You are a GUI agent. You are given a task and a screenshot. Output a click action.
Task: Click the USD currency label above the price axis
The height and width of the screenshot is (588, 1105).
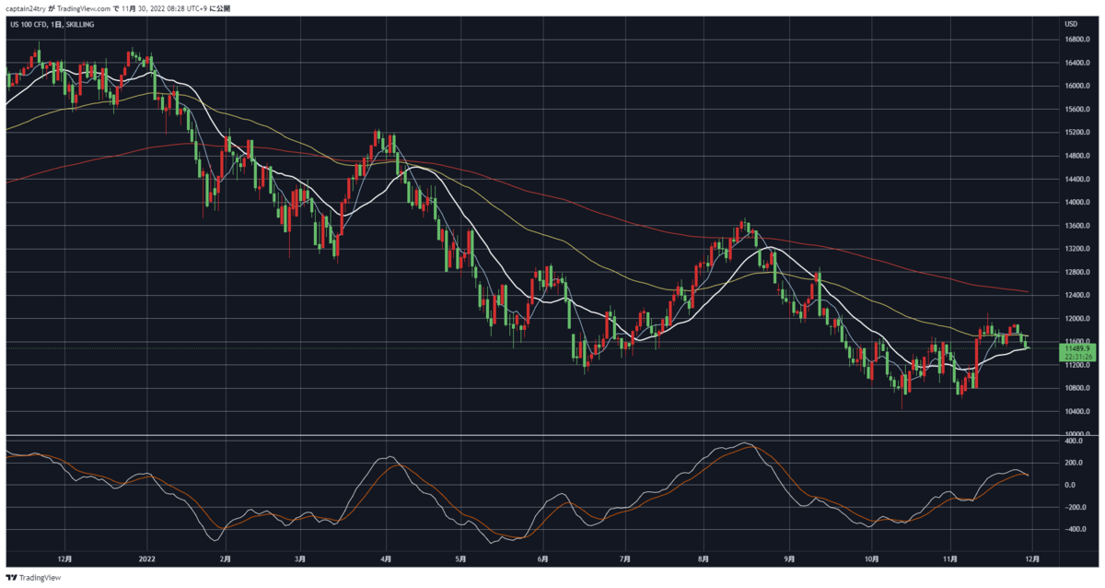1071,24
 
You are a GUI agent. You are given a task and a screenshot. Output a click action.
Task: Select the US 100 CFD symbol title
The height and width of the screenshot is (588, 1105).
29,24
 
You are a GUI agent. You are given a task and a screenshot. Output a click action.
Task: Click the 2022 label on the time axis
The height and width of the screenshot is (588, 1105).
147,559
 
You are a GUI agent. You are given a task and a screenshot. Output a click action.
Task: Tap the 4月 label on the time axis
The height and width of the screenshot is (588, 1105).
386,559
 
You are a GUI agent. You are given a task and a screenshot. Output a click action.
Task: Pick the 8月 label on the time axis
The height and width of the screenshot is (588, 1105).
704,559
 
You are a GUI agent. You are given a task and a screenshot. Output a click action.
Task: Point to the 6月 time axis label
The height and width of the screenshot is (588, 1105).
542,559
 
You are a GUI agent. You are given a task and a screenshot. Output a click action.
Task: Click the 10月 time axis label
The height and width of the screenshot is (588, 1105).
872,559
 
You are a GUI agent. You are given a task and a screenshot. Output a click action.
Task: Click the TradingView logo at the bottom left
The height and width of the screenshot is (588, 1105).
33,578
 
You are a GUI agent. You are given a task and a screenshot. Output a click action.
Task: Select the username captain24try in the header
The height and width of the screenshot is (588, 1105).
26,8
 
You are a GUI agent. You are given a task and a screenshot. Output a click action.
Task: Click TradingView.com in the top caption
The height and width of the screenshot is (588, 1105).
84,8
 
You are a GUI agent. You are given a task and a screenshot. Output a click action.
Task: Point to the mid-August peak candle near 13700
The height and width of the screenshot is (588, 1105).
745,226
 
